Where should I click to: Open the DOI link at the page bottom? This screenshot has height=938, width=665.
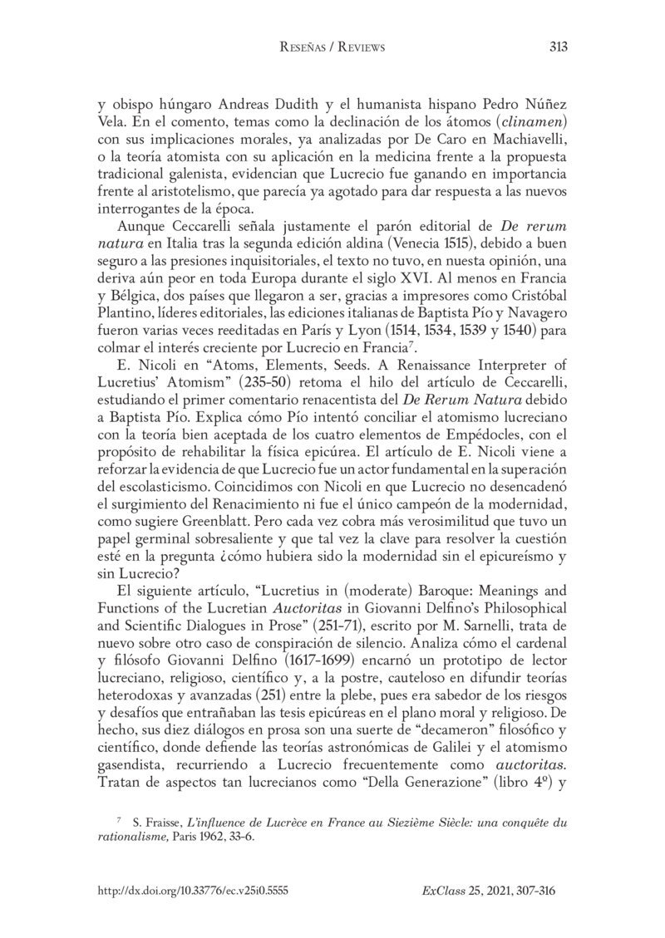coord(192,891)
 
